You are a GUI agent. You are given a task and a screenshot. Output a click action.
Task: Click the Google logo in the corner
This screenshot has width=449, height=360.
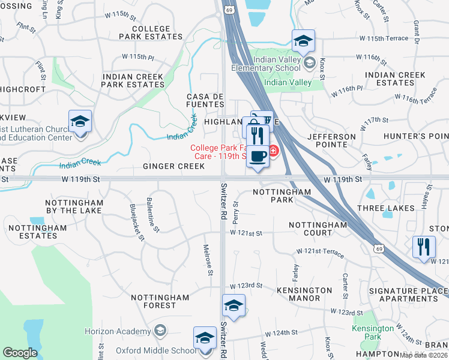point(20,353)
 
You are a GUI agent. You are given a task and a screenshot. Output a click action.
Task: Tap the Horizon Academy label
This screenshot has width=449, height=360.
point(117,331)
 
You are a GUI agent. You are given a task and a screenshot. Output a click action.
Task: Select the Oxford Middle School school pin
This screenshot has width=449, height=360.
point(205,338)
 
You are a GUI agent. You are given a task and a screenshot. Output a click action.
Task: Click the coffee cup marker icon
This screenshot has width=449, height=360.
point(258,157)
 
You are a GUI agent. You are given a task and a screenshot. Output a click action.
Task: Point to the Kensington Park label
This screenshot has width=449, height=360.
point(373,332)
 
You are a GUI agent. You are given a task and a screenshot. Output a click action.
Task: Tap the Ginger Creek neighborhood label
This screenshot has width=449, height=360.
point(174,166)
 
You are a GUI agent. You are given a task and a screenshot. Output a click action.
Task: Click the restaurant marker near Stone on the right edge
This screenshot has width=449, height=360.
point(424,246)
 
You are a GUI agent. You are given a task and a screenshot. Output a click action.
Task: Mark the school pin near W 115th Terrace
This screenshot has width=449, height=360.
point(304,41)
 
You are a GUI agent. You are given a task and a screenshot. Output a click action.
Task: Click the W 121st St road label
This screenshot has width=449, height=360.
point(246,233)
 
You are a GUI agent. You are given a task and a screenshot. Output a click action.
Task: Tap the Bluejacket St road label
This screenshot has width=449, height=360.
point(137,222)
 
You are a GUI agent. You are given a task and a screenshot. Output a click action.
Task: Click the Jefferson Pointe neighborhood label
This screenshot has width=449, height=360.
point(331,140)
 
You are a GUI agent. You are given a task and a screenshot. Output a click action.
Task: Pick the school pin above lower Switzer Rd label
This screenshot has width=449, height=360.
point(234,305)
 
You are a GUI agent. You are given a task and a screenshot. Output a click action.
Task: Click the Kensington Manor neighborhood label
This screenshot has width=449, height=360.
point(304,294)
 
